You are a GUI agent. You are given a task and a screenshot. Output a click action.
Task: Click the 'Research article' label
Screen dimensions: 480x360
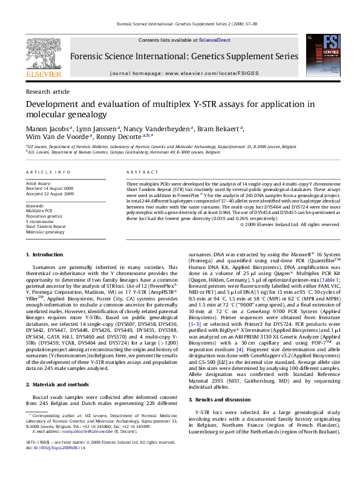click(x=44, y=91)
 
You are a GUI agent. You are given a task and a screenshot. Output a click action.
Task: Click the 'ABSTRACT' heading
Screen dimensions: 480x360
click(x=138, y=172)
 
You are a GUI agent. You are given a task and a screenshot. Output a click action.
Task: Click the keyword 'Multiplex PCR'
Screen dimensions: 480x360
click(x=39, y=210)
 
